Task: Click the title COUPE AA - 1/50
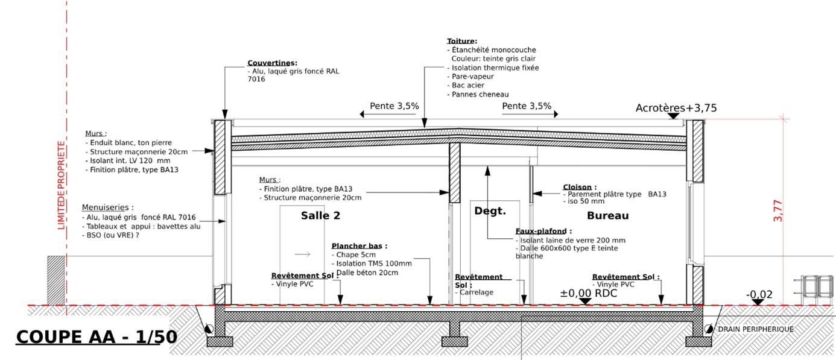[x=97, y=336]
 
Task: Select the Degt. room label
[x=490, y=210]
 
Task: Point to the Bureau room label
[x=607, y=215]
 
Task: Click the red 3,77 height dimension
[x=778, y=211]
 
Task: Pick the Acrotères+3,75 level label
[x=676, y=108]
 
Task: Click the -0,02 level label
[x=759, y=295]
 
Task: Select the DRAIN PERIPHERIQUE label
[x=755, y=329]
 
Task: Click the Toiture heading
[x=461, y=41]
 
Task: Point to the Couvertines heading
[x=272, y=63]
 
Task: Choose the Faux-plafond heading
[x=543, y=231]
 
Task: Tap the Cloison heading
[x=579, y=187]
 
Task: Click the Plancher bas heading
[x=359, y=246]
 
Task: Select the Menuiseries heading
[x=107, y=207]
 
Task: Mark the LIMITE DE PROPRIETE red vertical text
[x=61, y=185]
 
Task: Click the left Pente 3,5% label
[x=394, y=106]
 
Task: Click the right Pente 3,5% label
[x=527, y=106]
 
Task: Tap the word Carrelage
[x=477, y=292]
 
